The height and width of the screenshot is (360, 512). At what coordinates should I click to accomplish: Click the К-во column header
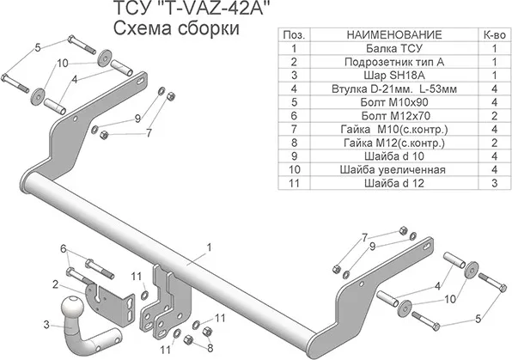[494, 34]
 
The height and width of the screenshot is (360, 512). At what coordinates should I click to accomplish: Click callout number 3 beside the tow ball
[48, 323]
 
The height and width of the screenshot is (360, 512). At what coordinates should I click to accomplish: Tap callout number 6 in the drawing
[62, 249]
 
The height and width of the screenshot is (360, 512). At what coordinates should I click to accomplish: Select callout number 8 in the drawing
[209, 346]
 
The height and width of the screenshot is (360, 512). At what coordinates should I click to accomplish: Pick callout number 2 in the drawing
[53, 284]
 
